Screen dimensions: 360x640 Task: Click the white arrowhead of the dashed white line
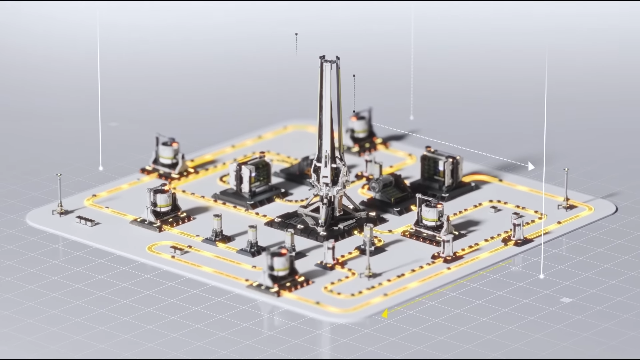[x=531, y=166]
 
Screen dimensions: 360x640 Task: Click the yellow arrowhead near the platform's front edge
[x=385, y=314]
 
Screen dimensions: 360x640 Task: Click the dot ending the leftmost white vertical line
[x=101, y=169]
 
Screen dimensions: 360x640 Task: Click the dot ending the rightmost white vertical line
[x=541, y=276]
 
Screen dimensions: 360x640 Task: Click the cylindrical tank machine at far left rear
[x=168, y=153]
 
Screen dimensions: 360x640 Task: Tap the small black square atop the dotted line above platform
[x=296, y=34]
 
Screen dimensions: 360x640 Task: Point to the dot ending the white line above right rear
[x=412, y=118]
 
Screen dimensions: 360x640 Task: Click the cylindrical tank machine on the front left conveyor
[x=161, y=203]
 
